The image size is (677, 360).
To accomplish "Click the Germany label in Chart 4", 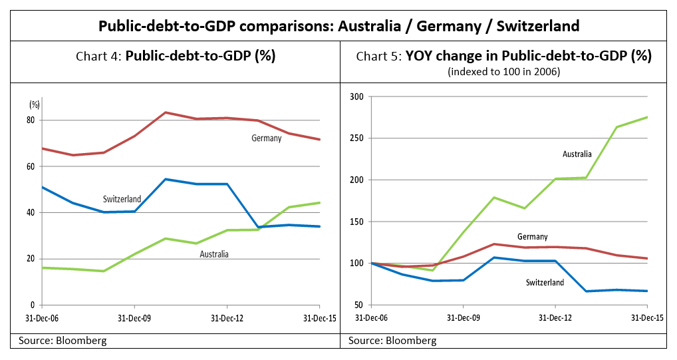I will click(x=266, y=138).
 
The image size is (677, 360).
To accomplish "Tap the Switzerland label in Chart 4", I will click(x=122, y=199).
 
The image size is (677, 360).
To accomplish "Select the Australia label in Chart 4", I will click(x=214, y=254).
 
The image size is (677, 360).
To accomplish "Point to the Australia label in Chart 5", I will click(x=577, y=154).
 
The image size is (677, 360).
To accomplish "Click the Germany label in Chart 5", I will click(x=532, y=237).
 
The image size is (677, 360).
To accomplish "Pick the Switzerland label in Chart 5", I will click(x=544, y=283).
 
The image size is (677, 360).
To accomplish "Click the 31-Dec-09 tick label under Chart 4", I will click(x=134, y=318).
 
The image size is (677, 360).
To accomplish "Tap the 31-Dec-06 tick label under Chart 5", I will click(x=371, y=318).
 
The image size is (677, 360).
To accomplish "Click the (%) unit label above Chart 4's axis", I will click(x=35, y=104).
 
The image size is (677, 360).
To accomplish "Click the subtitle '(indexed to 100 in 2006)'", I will click(x=504, y=71).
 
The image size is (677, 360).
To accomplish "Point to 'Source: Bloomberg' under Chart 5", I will click(x=392, y=341).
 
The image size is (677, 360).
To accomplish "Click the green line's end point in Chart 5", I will click(x=647, y=118).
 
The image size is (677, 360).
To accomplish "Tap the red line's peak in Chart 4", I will click(x=166, y=112).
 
